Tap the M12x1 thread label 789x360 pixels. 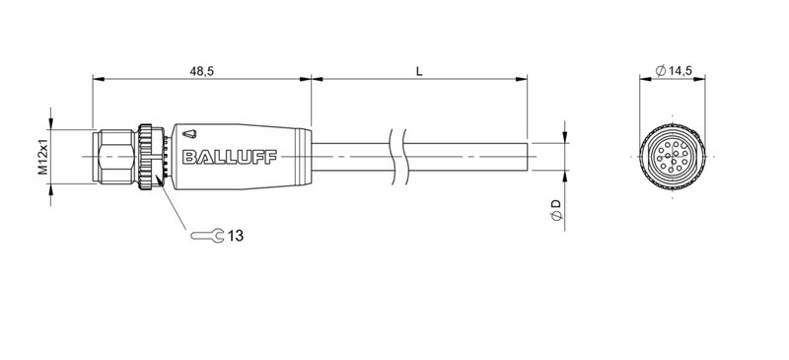pos(42,158)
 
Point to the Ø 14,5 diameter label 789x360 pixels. pos(677,69)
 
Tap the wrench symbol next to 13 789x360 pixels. pos(205,235)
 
